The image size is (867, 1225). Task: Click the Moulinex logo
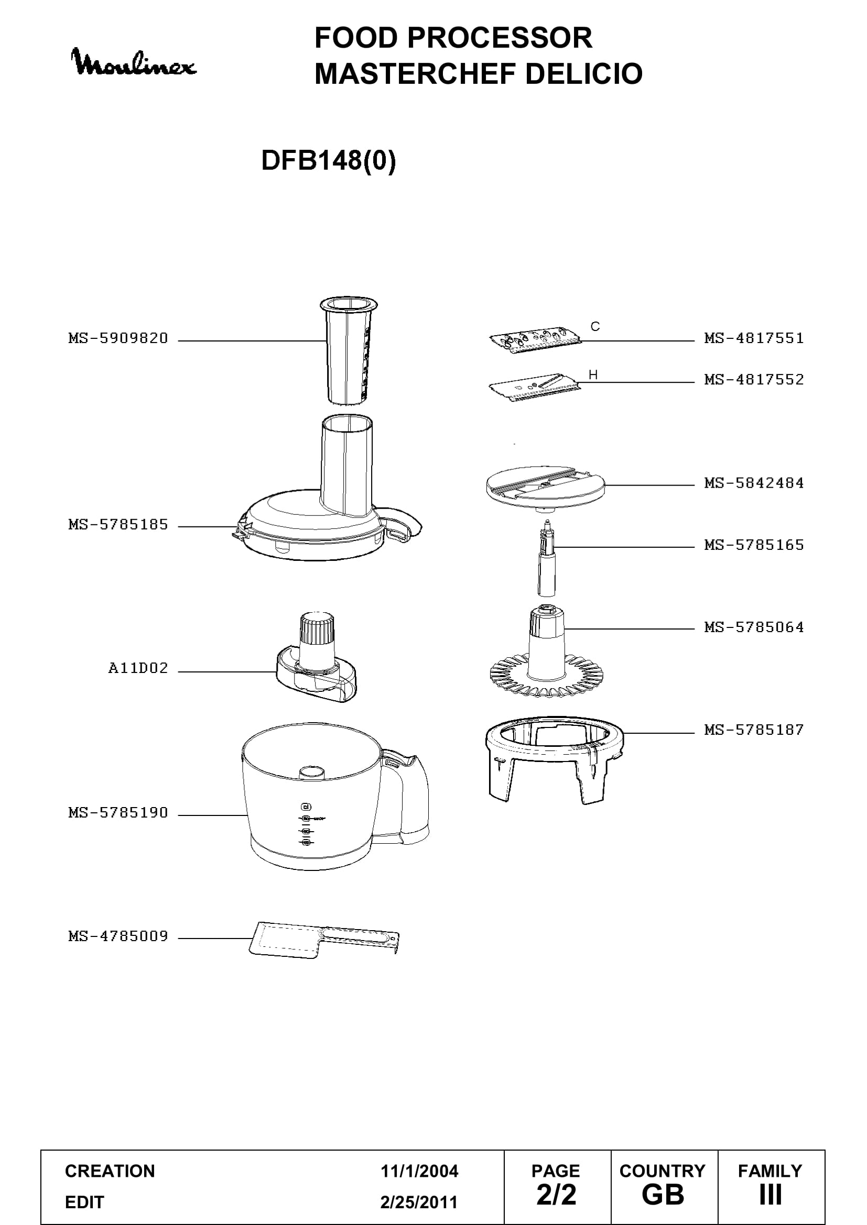click(x=134, y=62)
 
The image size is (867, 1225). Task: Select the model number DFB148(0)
click(x=328, y=160)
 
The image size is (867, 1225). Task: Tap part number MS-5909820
click(x=118, y=338)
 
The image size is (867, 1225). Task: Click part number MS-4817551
click(x=754, y=338)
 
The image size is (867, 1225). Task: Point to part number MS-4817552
click(x=754, y=380)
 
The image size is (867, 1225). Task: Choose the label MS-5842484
click(x=754, y=483)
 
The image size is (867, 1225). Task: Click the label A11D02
click(x=138, y=668)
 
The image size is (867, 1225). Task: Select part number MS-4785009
click(x=118, y=936)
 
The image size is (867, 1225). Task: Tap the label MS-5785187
click(x=754, y=730)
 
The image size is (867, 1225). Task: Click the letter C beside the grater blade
click(x=595, y=326)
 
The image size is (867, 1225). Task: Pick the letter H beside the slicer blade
click(x=593, y=375)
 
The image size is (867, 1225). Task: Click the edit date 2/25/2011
click(x=419, y=1202)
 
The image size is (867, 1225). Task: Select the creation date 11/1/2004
click(x=419, y=1171)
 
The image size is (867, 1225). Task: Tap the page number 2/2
click(x=556, y=1195)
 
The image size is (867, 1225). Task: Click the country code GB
click(x=663, y=1195)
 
